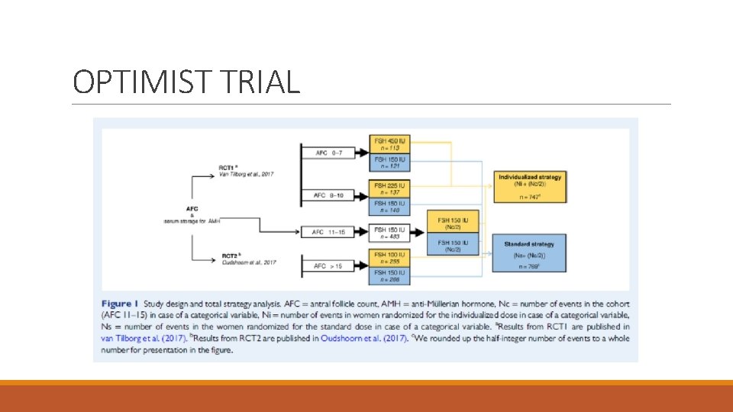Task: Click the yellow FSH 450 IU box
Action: tap(390, 143)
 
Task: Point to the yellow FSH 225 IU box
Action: tap(390, 188)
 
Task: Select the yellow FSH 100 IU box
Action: tap(390, 257)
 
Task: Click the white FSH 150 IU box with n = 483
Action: tap(390, 231)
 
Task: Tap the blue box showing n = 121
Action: tap(390, 162)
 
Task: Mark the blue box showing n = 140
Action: tap(390, 206)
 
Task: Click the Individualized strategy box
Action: tap(529, 186)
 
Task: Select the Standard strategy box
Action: tap(529, 253)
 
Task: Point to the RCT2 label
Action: tap(230, 256)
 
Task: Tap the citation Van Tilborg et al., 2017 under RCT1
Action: tap(246, 174)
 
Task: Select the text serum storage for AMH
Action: tap(192, 220)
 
